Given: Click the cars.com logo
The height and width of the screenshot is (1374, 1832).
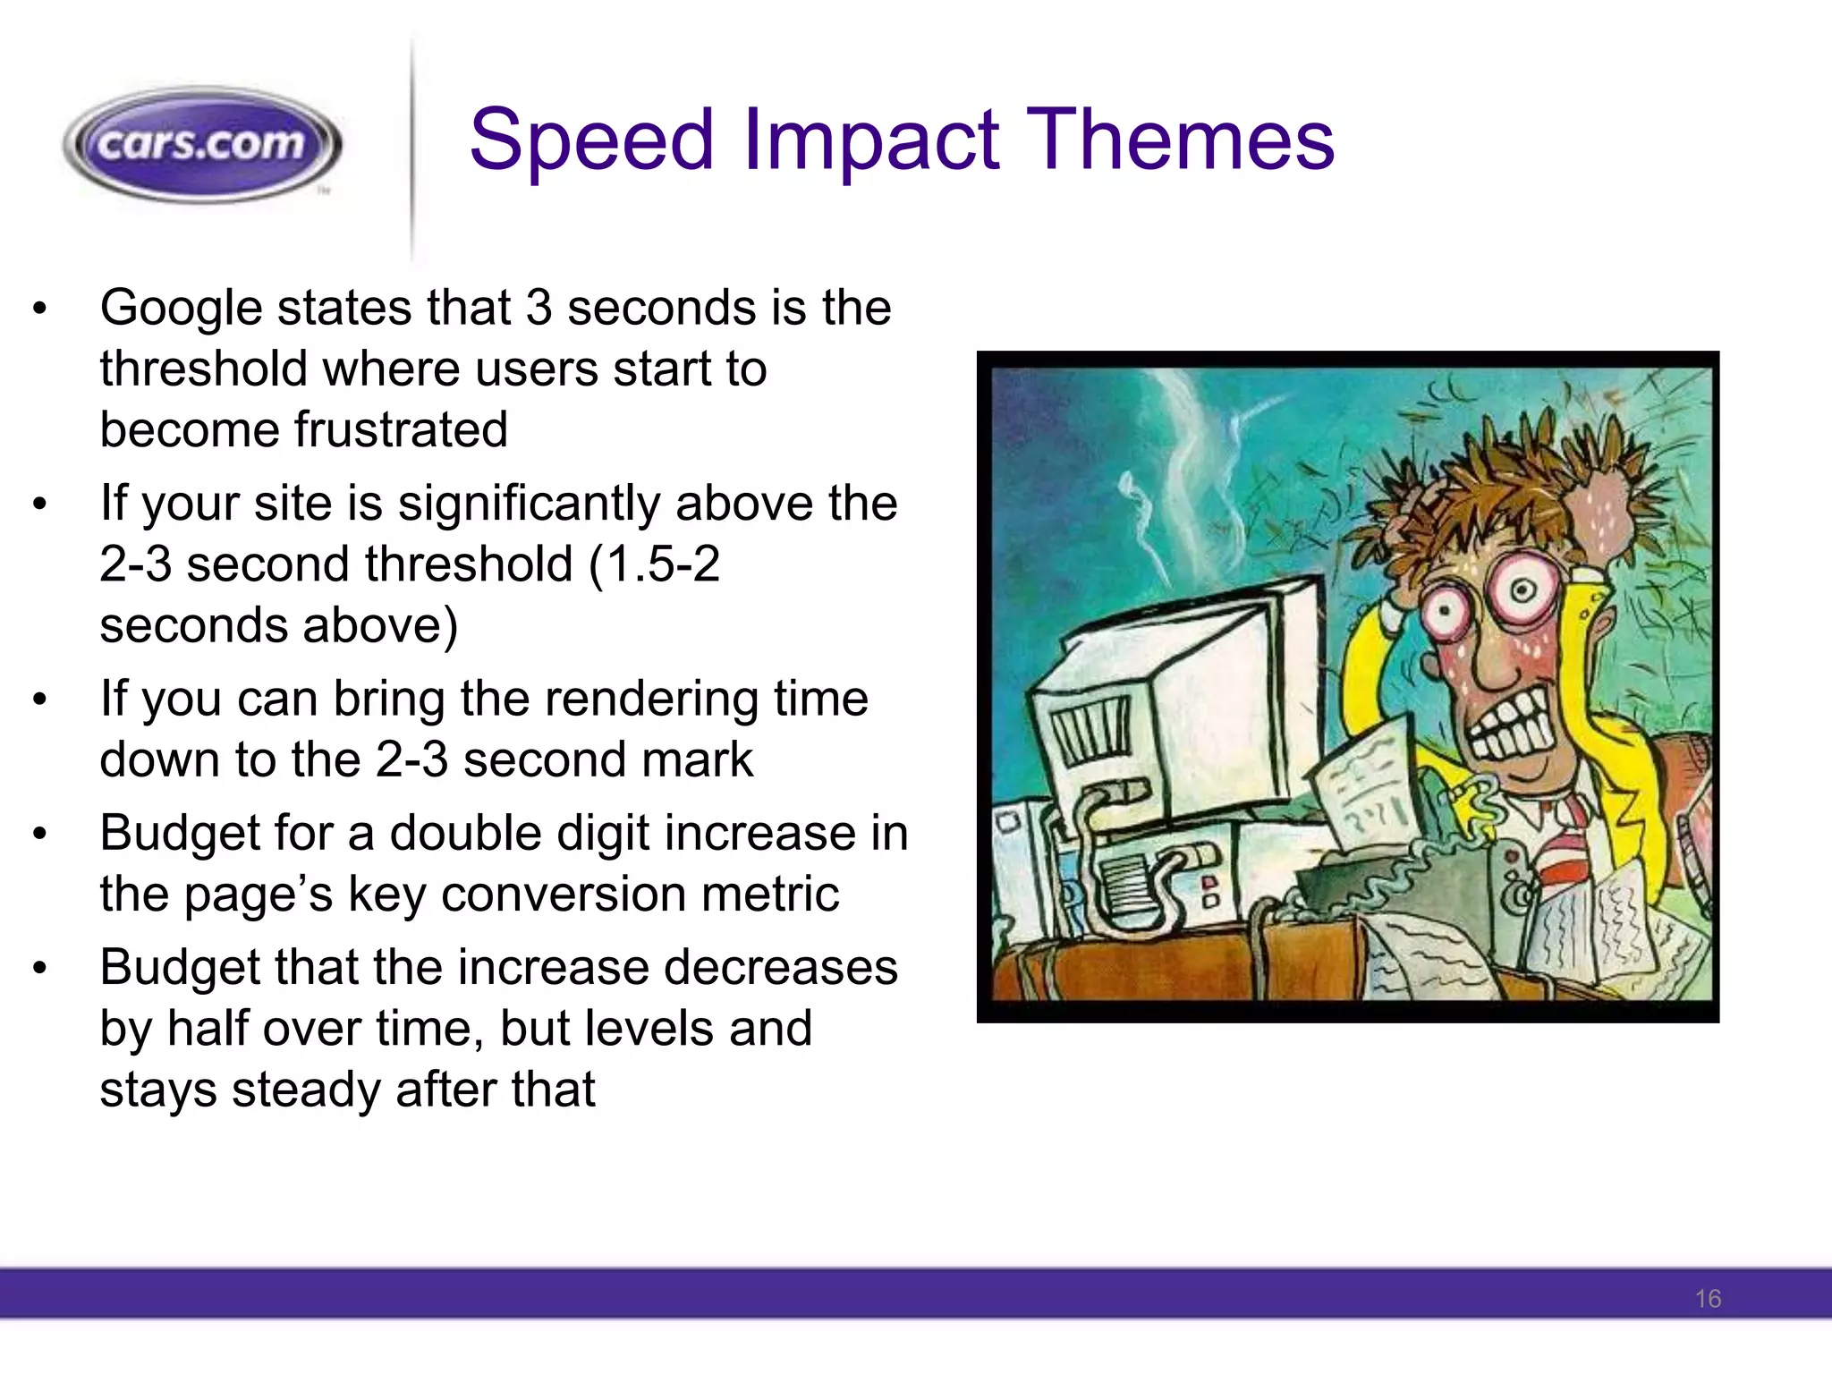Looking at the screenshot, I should click(x=202, y=145).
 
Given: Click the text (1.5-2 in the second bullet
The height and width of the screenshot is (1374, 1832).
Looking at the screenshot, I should click(x=654, y=564).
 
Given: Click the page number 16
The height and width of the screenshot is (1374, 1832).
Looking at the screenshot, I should click(x=1707, y=1299).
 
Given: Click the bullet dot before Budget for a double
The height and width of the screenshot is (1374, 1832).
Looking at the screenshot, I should click(x=38, y=834).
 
